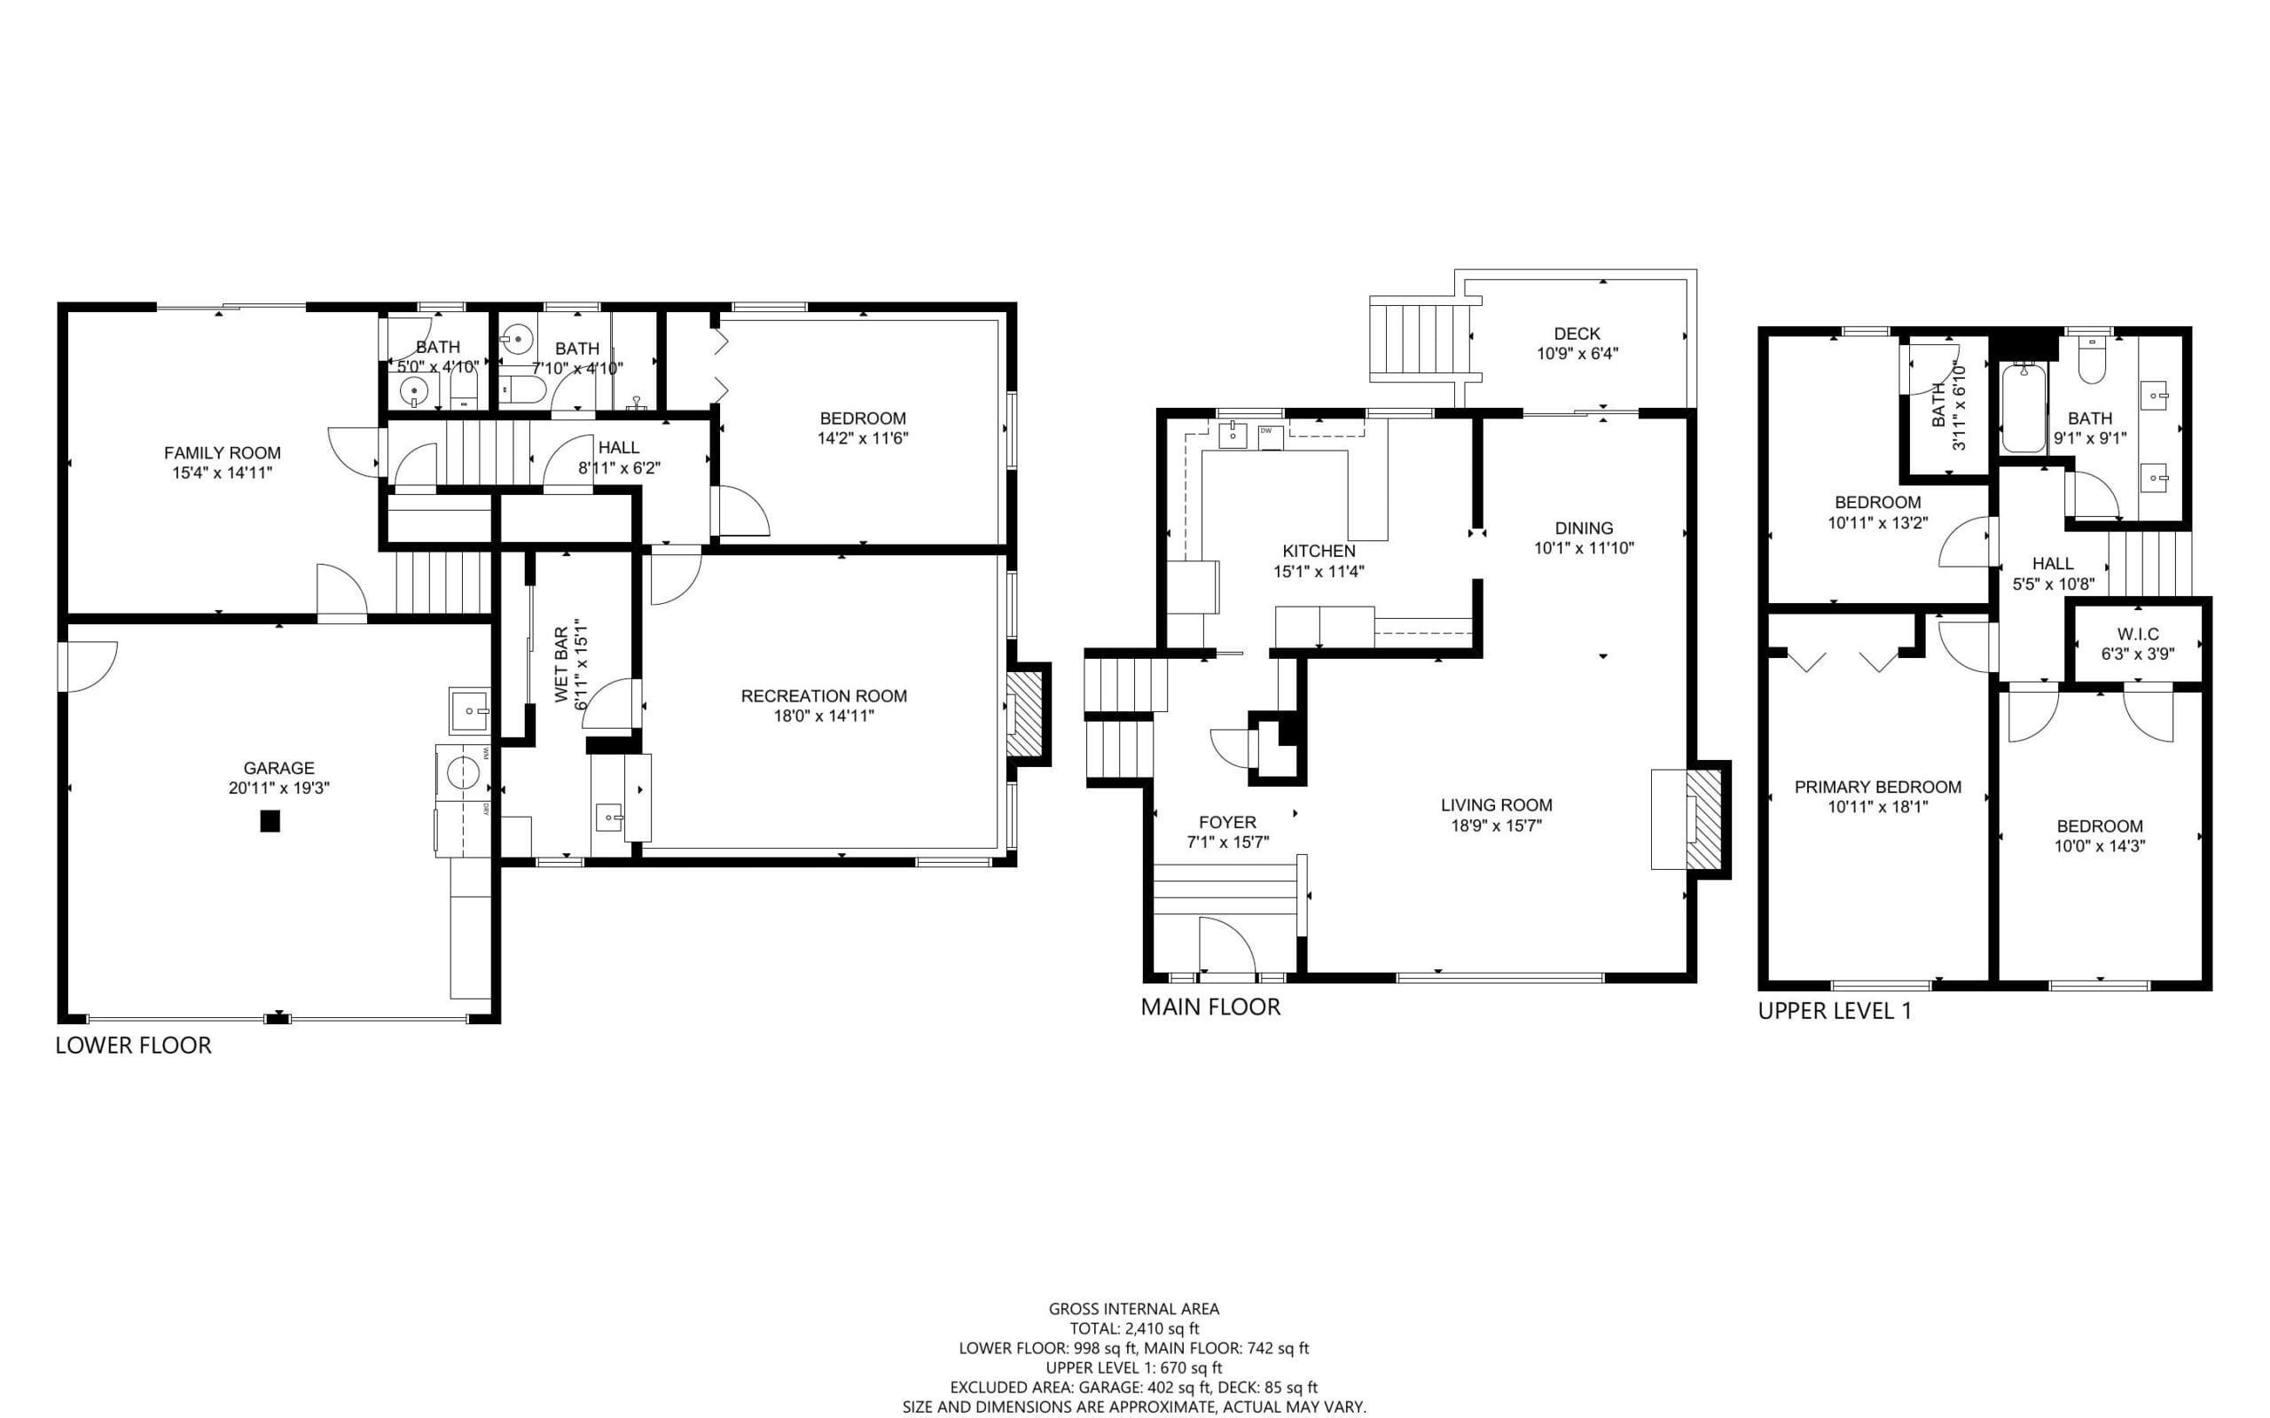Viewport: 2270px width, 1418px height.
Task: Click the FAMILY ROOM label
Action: [x=223, y=453]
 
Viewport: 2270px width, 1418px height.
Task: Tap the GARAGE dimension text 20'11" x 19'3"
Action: [x=278, y=788]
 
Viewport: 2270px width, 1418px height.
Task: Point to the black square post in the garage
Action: [x=270, y=821]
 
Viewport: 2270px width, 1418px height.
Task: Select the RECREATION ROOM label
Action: [x=824, y=696]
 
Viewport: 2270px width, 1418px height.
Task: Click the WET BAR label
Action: [x=561, y=665]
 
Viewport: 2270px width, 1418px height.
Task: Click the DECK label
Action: [x=1577, y=333]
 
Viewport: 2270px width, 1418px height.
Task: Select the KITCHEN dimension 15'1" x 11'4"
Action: [x=1319, y=571]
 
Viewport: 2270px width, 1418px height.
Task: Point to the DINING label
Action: [x=1584, y=528]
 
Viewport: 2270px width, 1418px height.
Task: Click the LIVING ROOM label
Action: [x=1497, y=804]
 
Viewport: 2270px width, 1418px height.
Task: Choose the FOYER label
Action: [x=1227, y=822]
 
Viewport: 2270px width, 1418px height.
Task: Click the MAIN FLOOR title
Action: [x=1210, y=1007]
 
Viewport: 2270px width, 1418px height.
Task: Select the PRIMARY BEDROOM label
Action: [x=1878, y=787]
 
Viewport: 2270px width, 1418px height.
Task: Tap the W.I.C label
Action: [x=2138, y=635]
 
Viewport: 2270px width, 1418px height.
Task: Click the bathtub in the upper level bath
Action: [x=2024, y=410]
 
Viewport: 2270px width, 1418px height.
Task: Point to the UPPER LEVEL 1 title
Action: [x=1834, y=1011]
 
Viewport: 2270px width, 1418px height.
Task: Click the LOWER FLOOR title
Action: [x=133, y=1046]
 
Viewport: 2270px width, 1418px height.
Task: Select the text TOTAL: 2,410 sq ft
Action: [x=1134, y=1328]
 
